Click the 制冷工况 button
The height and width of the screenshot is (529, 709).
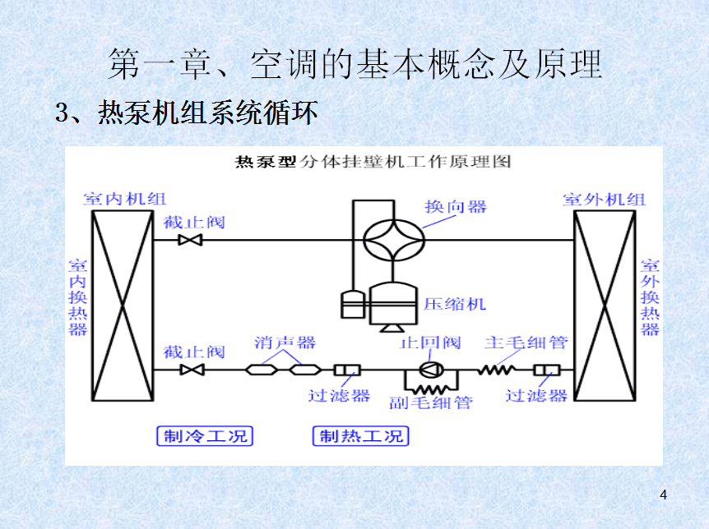205,436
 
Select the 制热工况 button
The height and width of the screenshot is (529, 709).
361,436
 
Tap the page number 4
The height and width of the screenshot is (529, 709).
663,494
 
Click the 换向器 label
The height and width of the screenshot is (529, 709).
456,207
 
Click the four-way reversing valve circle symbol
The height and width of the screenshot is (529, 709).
394,237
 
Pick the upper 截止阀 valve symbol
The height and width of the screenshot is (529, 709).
192,240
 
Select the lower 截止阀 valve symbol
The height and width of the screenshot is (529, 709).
192,370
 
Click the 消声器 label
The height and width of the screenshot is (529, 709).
285,343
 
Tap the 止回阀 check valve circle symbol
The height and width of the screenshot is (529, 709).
430,370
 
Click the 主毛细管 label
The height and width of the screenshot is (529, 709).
526,343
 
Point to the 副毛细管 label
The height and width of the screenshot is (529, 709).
430,402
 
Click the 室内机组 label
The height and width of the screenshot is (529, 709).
124,199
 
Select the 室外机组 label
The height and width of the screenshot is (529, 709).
605,199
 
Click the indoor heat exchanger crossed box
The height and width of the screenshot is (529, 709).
122,307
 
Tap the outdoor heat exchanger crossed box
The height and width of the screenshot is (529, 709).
605,307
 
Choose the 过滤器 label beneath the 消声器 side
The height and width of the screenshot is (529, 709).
339,395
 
